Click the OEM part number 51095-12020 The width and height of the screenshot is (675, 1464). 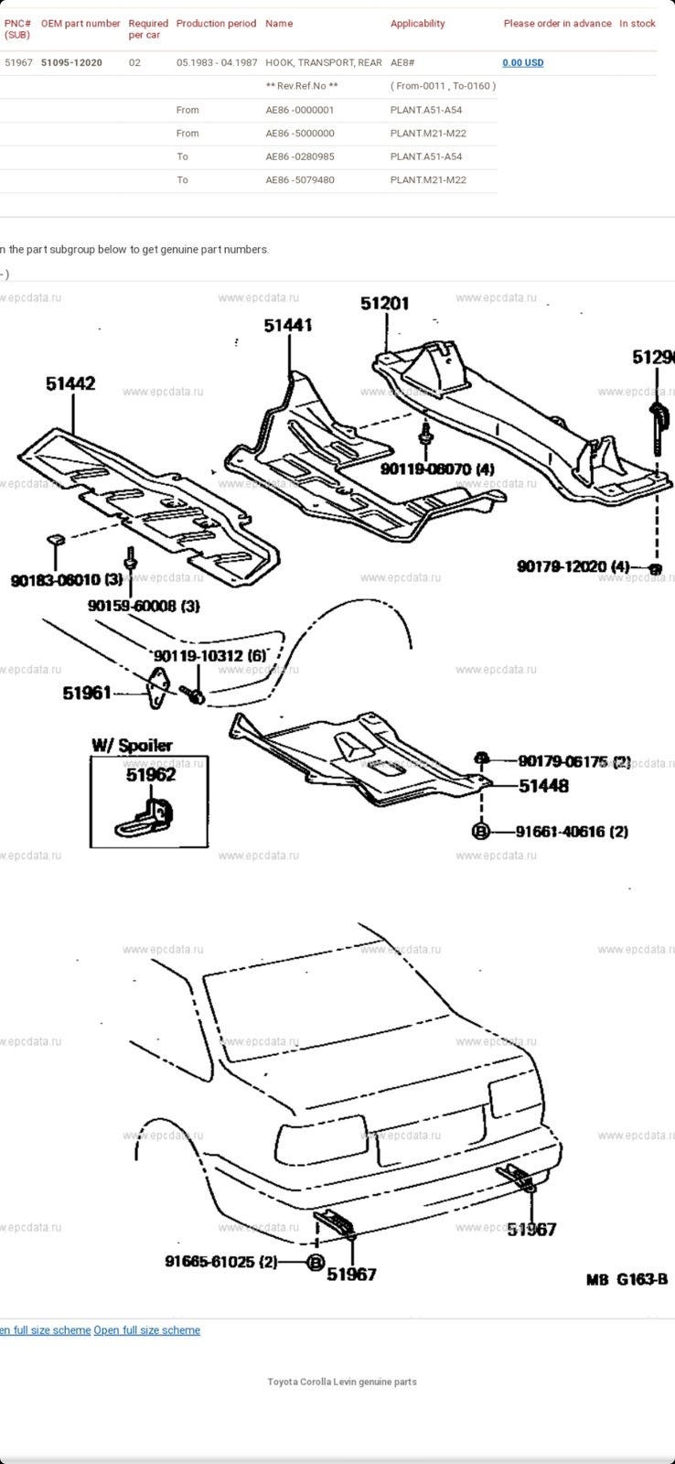(x=71, y=63)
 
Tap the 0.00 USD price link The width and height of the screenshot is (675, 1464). (x=522, y=63)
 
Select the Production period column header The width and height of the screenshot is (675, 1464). (x=216, y=24)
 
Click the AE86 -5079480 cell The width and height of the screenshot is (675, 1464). (x=299, y=180)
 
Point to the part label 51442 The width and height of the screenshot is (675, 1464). (x=70, y=384)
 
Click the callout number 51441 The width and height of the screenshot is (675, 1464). (x=288, y=325)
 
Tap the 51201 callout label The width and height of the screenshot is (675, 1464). (x=384, y=303)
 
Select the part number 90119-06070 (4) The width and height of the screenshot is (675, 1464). (x=437, y=469)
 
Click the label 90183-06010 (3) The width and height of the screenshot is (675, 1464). (x=67, y=580)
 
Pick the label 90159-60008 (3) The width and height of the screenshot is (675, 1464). (x=144, y=606)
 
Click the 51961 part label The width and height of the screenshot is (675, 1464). (x=86, y=693)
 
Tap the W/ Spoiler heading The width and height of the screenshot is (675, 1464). (x=132, y=745)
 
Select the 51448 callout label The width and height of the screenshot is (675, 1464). (x=543, y=785)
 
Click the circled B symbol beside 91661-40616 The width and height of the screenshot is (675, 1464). (x=481, y=831)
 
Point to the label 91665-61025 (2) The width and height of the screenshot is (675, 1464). (x=220, y=1262)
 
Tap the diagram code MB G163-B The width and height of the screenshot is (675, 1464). (x=627, y=1279)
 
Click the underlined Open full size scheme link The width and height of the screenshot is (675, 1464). (x=146, y=1330)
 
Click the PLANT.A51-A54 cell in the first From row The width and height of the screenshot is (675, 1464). (x=425, y=110)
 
